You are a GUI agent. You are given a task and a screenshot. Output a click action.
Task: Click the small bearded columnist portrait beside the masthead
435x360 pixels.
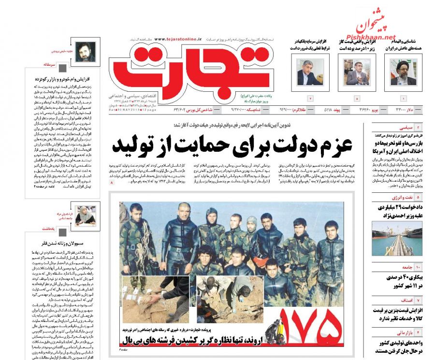(86, 52)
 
